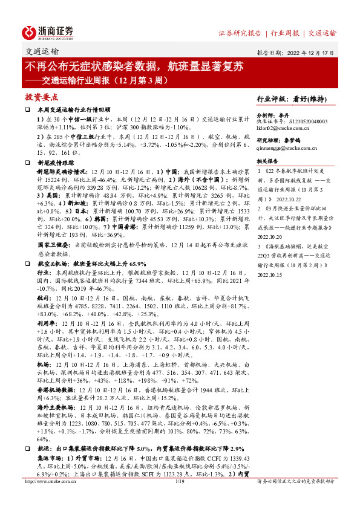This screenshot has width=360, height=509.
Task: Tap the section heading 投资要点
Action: pos(41,97)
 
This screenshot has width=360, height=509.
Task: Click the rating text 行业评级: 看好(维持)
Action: pos(296,99)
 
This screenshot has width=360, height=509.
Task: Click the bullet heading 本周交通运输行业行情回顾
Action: pos(74,110)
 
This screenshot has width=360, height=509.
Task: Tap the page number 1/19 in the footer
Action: pos(179,498)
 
